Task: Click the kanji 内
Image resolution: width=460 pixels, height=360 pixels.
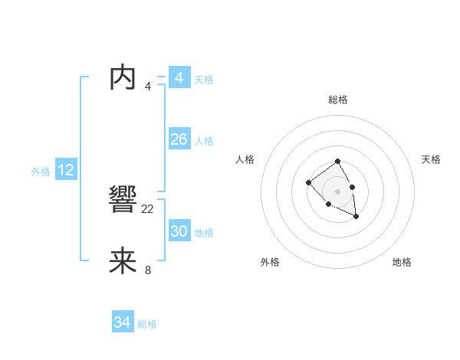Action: [123, 78]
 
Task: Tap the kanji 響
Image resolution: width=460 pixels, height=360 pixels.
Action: [123, 201]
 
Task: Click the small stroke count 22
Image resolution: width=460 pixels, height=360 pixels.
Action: [148, 208]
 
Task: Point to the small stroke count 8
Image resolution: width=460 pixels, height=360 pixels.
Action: [148, 270]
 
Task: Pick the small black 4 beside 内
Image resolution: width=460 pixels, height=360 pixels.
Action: [148, 86]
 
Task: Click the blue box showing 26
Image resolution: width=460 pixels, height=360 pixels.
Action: [179, 139]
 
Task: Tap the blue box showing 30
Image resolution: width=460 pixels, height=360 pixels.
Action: [179, 231]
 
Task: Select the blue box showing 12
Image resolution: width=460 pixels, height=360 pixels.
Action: [66, 171]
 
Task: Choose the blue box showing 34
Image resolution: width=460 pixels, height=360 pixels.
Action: [122, 322]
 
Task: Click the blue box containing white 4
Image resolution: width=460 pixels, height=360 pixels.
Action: [179, 78]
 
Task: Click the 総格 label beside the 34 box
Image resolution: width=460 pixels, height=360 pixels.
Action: [147, 324]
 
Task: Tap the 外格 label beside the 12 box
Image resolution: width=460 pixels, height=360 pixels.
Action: [41, 172]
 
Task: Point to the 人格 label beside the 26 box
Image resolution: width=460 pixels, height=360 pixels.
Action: [204, 141]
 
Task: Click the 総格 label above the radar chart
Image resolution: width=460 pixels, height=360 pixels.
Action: [338, 100]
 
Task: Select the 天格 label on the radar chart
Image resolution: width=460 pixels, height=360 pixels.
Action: [431, 159]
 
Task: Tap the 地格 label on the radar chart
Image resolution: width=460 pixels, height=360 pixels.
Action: [402, 262]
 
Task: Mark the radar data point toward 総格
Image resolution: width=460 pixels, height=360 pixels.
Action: [337, 162]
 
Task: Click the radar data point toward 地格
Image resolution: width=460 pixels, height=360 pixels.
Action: [356, 218]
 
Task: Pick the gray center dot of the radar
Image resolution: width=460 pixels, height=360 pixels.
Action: [337, 191]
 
